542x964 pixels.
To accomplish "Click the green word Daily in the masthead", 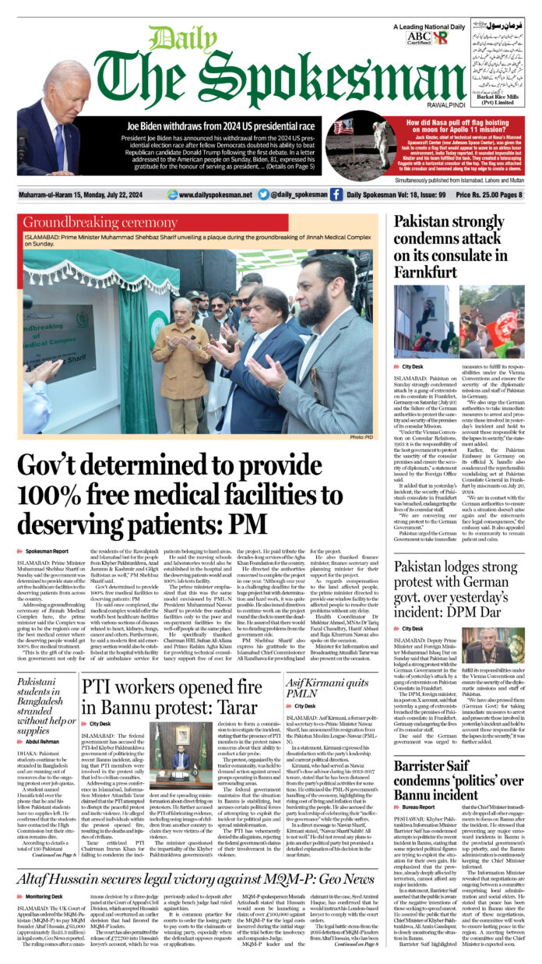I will click(172, 38).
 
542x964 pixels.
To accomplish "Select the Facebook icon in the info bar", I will click(336, 194).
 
